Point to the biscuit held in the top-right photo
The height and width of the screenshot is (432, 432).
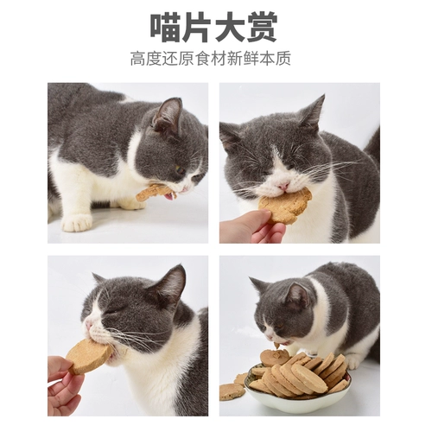pyautogui.click(x=287, y=206)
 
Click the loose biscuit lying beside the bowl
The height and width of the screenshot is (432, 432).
pyautogui.click(x=230, y=391)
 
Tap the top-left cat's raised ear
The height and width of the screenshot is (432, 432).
pyautogui.click(x=168, y=113)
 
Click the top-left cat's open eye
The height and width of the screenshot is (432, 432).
pyautogui.click(x=180, y=168)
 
